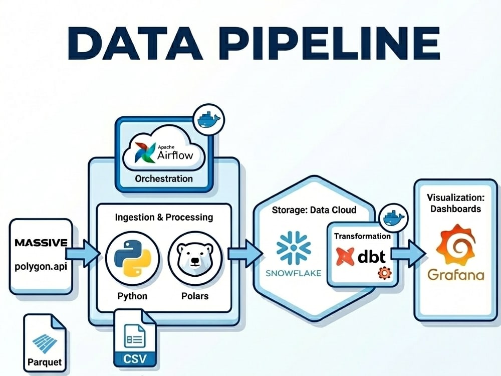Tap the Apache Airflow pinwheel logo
145,152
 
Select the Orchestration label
164,178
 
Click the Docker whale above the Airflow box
209,120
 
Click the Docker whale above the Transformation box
394,219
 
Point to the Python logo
132,258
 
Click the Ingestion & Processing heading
164,217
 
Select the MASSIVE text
41,243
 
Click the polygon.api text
41,266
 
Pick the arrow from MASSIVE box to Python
83,254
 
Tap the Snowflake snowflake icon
293,248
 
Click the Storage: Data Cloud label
314,210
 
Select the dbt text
372,256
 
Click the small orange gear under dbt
384,273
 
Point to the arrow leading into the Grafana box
408,253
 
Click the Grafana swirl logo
455,244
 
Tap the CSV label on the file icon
135,358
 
